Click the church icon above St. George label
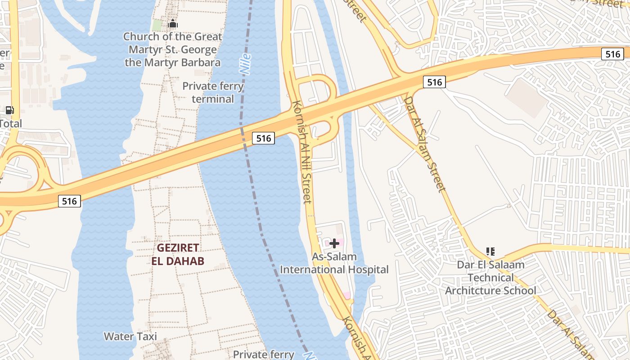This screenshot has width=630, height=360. pos(173,24)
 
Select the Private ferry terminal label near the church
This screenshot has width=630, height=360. pos(213,92)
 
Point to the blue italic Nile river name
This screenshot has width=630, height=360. pos(245,64)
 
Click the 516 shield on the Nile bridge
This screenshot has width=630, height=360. pos(263,138)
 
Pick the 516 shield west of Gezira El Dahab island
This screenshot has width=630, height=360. pos(69,201)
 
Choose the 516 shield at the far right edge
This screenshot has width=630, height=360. pos(612,54)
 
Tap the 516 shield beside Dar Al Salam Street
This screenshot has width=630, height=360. pos(434,81)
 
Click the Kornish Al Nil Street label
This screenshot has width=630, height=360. pos(302,151)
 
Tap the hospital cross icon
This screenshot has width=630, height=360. pos(334,243)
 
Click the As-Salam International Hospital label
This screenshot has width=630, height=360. pos(334,263)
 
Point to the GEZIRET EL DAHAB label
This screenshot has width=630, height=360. pos(178,254)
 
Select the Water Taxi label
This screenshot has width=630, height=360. pos(130,336)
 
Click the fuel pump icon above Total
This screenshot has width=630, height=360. pos(9,110)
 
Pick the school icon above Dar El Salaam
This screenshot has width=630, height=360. pos(490,252)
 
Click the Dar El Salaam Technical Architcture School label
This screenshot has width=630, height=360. pos(490,278)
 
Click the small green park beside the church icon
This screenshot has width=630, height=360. pos(157,25)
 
